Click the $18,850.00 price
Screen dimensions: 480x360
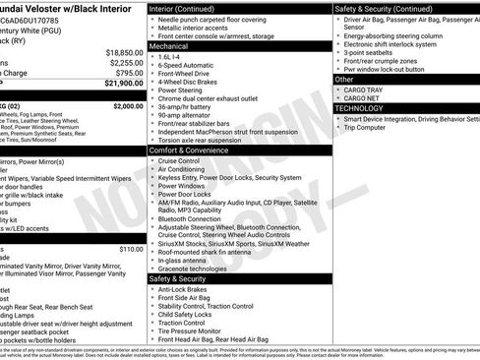(x=124, y=52)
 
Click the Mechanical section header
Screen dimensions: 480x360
(x=169, y=45)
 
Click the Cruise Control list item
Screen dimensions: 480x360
(x=179, y=160)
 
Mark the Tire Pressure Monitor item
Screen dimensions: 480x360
(x=195, y=330)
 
